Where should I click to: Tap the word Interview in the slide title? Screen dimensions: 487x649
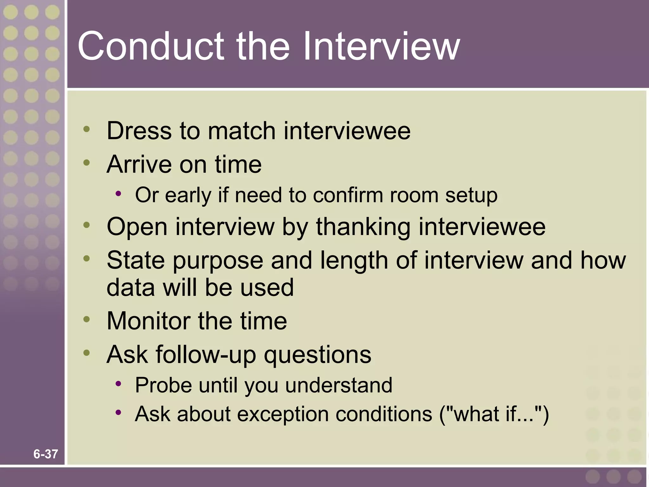click(x=380, y=46)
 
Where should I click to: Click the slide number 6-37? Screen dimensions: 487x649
click(x=46, y=454)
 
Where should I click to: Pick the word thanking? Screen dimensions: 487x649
click(x=363, y=227)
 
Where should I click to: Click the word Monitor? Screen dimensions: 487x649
click(x=148, y=321)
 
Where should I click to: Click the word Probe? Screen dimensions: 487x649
click(x=164, y=385)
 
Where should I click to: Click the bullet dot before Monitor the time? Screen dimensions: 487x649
click(x=87, y=319)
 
